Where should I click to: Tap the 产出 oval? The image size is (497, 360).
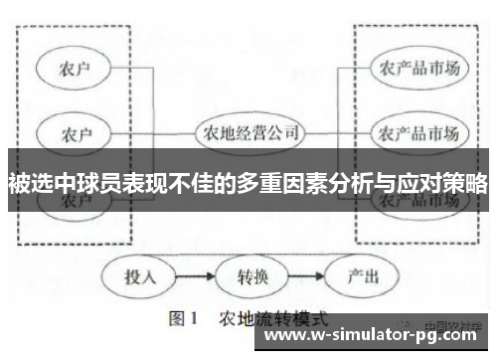tap(361, 275)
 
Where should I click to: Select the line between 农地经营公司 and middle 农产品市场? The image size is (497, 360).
tap(338, 132)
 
